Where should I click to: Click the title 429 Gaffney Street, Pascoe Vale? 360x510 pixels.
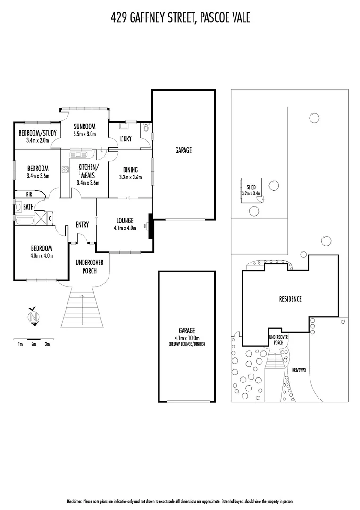point(180,17)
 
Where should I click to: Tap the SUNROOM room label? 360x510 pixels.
point(84,126)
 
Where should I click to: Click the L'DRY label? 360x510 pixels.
point(126,138)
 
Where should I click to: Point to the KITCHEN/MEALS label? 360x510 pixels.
point(88,171)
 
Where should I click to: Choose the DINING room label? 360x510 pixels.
point(130,170)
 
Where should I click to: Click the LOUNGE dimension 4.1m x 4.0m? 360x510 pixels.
point(125,228)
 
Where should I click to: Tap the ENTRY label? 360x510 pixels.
point(82,225)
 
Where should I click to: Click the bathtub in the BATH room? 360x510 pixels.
point(25,220)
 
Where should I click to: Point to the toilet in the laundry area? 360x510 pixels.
point(146,127)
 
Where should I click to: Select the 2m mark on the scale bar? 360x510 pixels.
point(33,344)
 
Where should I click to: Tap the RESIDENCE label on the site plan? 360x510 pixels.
point(290,299)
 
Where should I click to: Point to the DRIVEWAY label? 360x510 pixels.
point(299,370)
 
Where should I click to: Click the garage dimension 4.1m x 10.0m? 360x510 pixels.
point(186,338)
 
